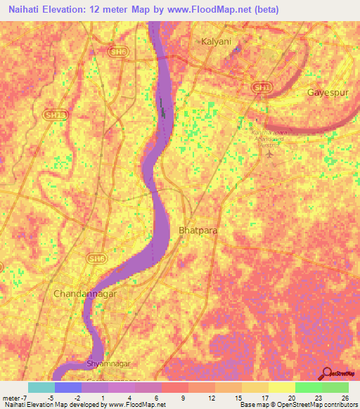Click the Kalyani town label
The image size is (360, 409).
tap(216, 41)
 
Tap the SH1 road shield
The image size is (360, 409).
tap(262, 87)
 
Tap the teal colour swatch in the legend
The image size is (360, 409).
tap(41, 387)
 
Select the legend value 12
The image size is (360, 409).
tap(211, 397)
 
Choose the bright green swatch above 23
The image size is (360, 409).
tap(309, 387)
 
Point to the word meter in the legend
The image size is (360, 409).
tap(13, 397)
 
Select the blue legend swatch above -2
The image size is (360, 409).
tap(68, 387)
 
